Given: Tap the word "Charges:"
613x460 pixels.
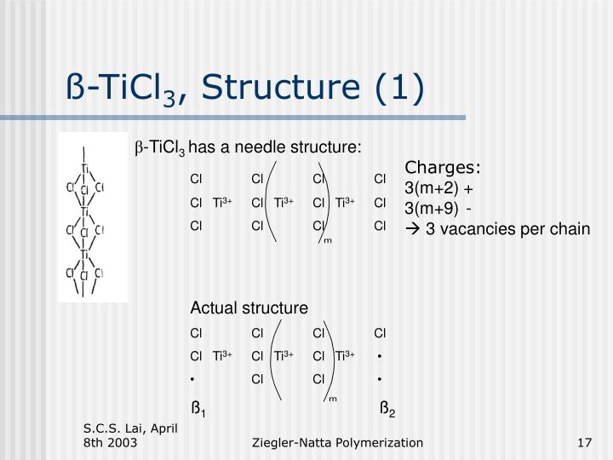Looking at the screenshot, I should pyautogui.click(x=443, y=167).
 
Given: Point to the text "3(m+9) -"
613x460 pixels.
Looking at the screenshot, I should pyautogui.click(x=439, y=208).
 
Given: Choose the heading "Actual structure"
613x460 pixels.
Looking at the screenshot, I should pyautogui.click(x=249, y=307).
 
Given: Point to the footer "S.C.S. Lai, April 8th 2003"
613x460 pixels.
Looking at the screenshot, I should pyautogui.click(x=129, y=434).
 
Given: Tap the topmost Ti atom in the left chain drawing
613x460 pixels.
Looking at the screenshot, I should pyautogui.click(x=85, y=169).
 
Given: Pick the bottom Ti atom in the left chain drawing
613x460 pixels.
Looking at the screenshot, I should pyautogui.click(x=85, y=254).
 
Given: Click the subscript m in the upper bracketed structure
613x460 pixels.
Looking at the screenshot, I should pyautogui.click(x=327, y=241).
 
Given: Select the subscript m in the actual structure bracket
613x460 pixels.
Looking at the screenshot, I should pyautogui.click(x=332, y=397).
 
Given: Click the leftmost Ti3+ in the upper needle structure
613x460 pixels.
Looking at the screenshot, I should pyautogui.click(x=223, y=202).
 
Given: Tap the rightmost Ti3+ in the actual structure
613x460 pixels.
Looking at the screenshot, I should pyautogui.click(x=345, y=355).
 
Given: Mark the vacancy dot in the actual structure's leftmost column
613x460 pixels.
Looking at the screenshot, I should pyautogui.click(x=194, y=377).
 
